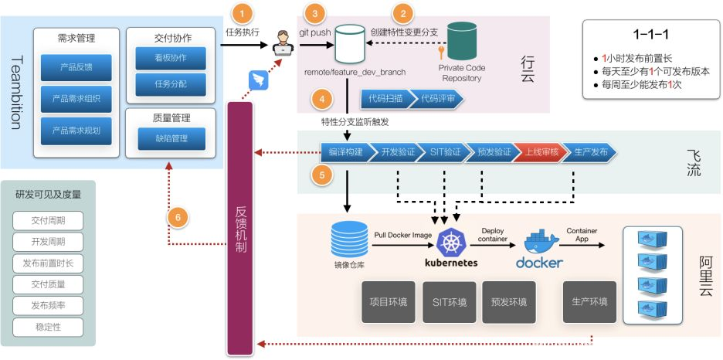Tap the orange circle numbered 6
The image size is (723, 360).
178,219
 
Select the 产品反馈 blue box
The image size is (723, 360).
76,68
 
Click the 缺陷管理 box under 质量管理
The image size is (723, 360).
171,138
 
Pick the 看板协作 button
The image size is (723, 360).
171,59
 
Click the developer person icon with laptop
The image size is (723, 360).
283,43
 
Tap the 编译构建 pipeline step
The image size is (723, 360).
345,152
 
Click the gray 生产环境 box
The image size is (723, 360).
590,301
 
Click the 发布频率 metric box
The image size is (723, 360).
48,305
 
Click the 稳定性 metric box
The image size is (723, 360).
48,327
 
